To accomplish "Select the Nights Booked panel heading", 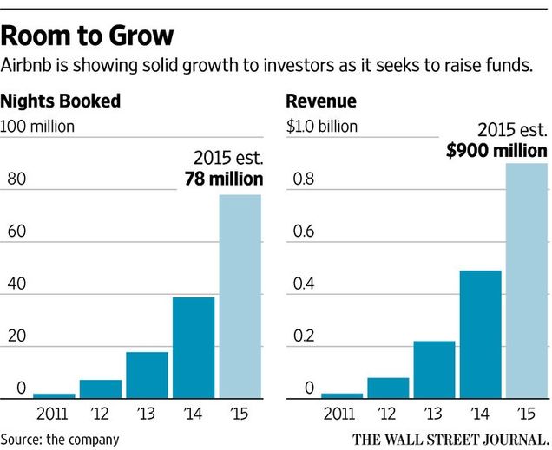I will (x=60, y=101).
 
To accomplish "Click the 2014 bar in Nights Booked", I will (x=194, y=347).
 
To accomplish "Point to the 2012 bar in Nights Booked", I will (x=101, y=388).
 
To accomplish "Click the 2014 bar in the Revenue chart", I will (x=480, y=334).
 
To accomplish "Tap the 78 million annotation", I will (x=223, y=179).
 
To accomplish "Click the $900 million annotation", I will (x=497, y=150).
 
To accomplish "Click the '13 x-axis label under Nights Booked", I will (x=147, y=412).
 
